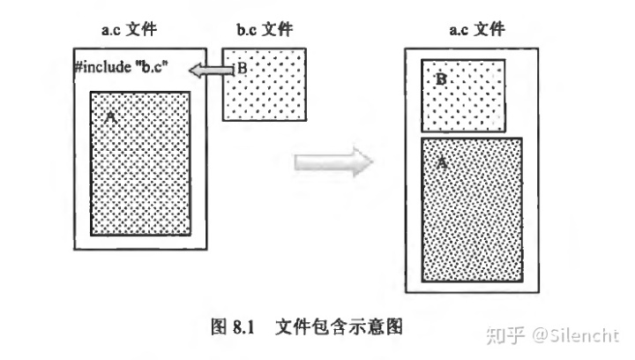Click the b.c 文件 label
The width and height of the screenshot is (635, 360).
(x=265, y=29)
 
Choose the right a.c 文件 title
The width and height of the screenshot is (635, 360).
(x=477, y=29)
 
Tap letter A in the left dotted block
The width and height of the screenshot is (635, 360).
(x=110, y=116)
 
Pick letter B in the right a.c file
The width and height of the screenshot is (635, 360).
(x=441, y=79)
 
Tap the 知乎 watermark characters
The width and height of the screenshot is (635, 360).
(x=508, y=334)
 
